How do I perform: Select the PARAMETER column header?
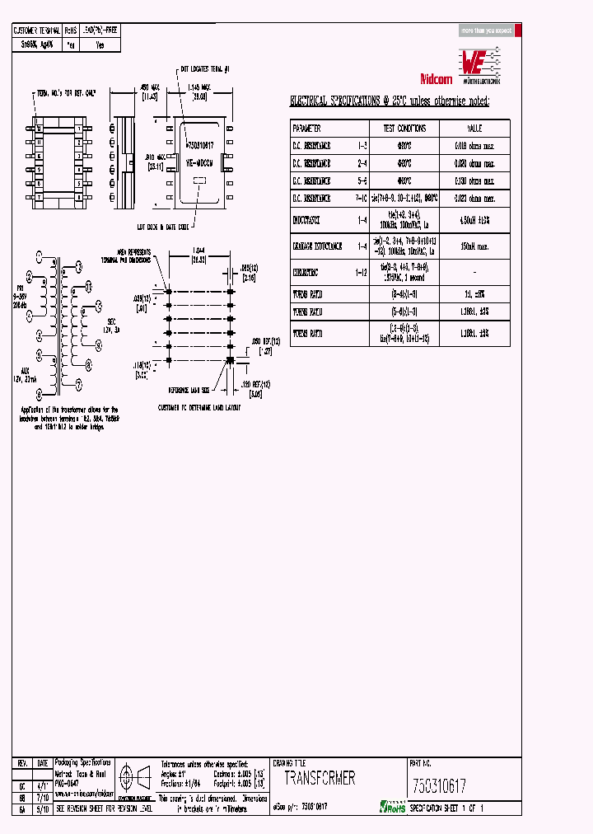click(x=306, y=129)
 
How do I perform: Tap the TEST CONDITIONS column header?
click(x=404, y=129)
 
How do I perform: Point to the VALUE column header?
click(x=475, y=129)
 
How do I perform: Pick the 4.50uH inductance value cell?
click(x=475, y=221)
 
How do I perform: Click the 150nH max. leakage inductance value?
click(x=475, y=245)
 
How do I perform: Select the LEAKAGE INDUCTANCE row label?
click(x=317, y=245)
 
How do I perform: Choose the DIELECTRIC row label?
click(x=308, y=269)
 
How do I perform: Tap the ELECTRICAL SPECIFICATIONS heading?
click(x=389, y=101)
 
